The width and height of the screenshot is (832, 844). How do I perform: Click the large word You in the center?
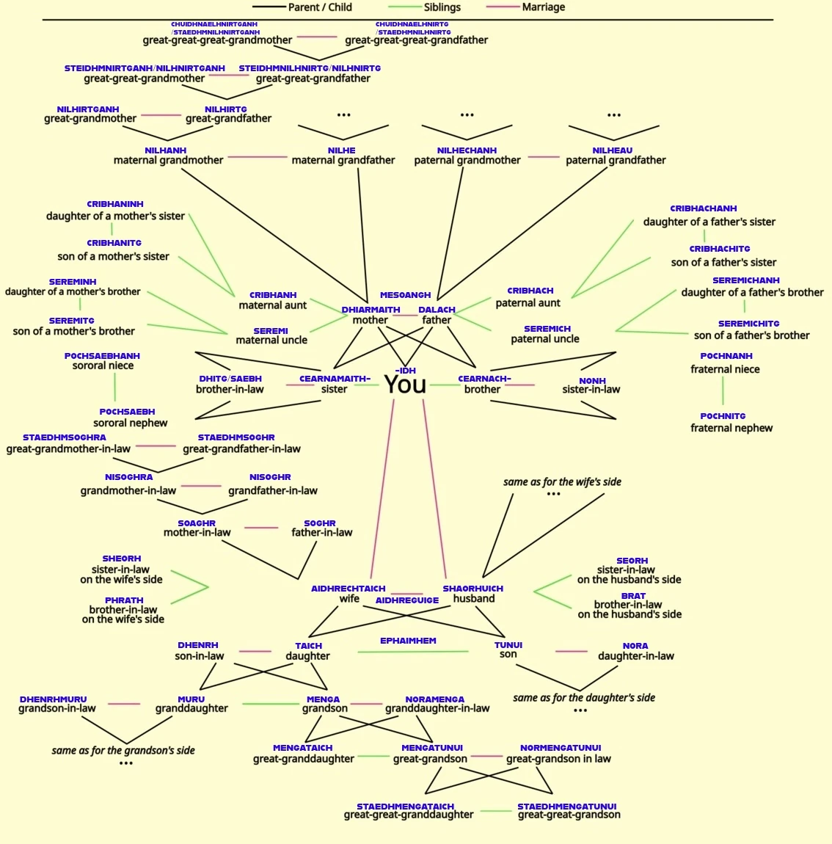point(405,385)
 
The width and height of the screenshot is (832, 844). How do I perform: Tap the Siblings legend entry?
point(425,7)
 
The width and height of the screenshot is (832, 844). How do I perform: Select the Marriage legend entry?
point(525,7)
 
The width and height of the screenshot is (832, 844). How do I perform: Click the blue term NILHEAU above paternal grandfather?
point(613,150)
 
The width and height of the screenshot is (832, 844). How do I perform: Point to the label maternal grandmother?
point(169,160)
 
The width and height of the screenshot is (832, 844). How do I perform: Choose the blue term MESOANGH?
point(405,295)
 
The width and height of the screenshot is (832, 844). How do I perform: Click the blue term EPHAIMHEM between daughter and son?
point(408,641)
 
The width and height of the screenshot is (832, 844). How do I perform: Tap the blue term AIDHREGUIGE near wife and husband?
point(407,600)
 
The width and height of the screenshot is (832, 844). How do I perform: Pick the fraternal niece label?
point(725,369)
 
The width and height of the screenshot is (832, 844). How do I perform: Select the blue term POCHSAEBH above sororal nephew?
point(127,412)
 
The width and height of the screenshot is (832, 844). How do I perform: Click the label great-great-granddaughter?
point(409,815)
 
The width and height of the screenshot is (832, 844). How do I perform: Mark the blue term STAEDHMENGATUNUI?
point(566,807)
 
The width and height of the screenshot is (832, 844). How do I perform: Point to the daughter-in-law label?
point(635,655)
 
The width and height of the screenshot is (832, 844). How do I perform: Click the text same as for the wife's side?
point(563,481)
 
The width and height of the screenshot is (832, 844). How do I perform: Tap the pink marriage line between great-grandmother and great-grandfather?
point(161,115)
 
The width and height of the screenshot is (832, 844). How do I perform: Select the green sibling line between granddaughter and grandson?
point(271,704)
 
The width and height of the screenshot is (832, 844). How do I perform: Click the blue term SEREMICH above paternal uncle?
point(547,329)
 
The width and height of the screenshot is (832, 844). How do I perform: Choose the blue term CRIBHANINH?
point(115,204)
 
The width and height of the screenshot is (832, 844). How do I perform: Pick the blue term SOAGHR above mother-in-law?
point(197,523)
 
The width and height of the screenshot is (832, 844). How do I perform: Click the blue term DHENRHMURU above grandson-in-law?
point(54,699)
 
